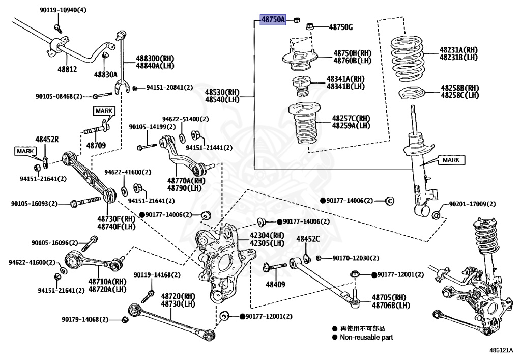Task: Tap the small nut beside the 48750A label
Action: click(x=295, y=20)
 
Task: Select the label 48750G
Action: click(x=340, y=27)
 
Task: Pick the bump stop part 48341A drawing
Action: click(x=302, y=85)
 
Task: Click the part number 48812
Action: click(x=67, y=69)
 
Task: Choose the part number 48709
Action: click(x=96, y=145)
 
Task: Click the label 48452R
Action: click(x=47, y=139)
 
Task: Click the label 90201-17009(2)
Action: click(x=472, y=204)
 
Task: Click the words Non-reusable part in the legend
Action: click(x=366, y=337)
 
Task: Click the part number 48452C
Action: click(x=308, y=239)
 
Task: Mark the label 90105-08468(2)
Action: click(x=59, y=96)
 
